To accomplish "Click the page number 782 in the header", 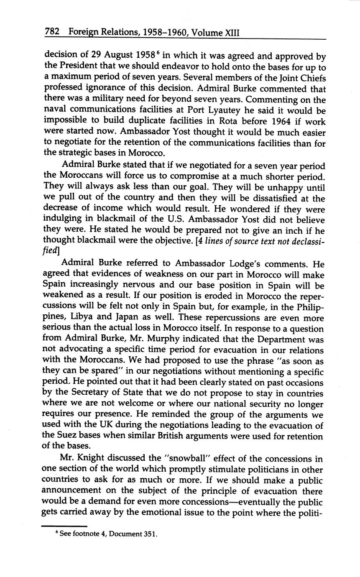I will [x=53, y=32].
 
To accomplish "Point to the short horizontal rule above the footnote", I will [x=64, y=526].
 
